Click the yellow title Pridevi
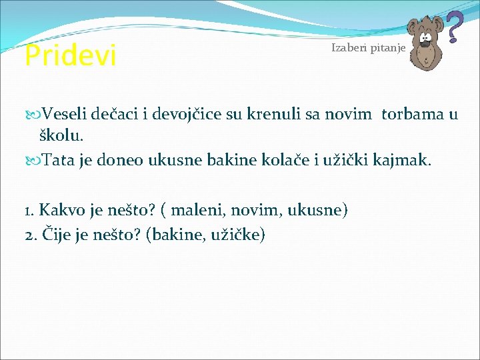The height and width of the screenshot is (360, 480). point(70,56)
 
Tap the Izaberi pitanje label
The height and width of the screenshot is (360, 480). point(367,49)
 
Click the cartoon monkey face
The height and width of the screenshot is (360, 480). point(424,47)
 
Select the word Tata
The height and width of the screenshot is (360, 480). point(58,160)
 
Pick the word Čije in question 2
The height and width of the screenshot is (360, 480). point(56,235)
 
